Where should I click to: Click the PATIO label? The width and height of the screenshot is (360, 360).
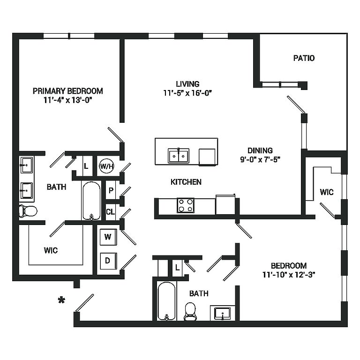coord(304,58)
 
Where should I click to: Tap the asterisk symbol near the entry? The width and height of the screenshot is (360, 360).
coord(61,300)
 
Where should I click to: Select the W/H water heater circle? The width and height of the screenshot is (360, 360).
coord(106,166)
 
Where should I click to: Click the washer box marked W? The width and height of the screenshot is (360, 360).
coord(108,237)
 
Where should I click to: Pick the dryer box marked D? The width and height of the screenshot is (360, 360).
coord(108,261)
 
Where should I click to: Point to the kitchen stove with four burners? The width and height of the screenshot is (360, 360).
coord(186,205)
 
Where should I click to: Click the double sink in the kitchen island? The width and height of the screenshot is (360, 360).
coord(179,156)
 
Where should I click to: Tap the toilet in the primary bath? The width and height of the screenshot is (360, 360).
coord(28,211)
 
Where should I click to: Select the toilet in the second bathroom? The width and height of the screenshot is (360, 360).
coord(190,312)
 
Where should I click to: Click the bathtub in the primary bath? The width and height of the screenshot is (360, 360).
coord(91,201)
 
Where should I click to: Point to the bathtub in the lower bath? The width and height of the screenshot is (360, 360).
coord(167,301)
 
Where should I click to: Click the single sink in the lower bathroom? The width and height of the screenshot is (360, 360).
coord(222,314)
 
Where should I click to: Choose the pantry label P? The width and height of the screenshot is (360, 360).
coord(111,190)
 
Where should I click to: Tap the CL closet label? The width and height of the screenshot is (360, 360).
coord(111,212)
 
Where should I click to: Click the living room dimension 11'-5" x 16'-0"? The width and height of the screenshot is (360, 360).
coord(187,93)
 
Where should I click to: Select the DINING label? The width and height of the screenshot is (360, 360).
coord(260,150)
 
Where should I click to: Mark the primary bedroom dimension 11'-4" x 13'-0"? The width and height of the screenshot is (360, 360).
coord(67,100)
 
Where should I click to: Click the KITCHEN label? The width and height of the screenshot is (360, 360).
coord(186,182)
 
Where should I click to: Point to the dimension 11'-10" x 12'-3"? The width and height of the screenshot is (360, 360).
coord(289,275)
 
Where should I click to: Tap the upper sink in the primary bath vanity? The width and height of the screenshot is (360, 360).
coord(27,165)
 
